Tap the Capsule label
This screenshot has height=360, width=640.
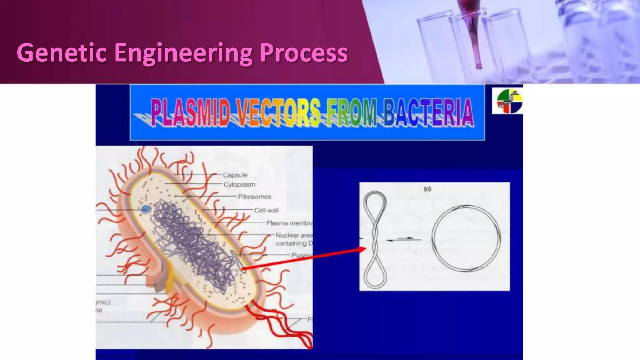(235, 175)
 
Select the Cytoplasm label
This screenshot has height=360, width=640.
(239, 185)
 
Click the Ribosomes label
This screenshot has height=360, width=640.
(254, 197)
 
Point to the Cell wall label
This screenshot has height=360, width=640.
(266, 210)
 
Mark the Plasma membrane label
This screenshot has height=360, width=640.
(289, 223)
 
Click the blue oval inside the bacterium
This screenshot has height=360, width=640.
(145, 209)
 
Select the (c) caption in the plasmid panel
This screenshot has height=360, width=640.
(427, 189)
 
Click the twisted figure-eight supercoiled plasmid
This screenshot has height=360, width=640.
(375, 239)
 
